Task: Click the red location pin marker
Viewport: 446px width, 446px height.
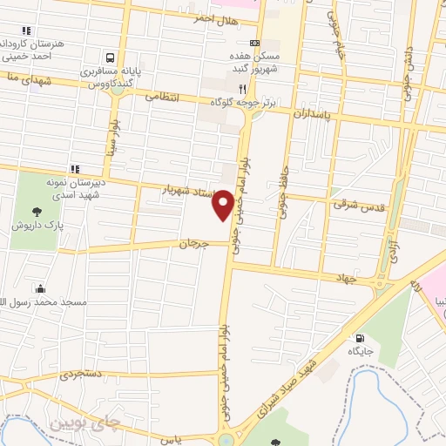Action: click(x=223, y=204)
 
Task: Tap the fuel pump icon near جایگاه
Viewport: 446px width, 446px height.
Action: click(x=357, y=338)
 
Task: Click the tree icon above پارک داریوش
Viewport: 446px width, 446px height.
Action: click(x=36, y=211)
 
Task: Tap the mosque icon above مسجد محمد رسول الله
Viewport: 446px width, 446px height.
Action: click(x=39, y=288)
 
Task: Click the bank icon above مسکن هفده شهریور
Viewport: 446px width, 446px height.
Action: click(x=254, y=43)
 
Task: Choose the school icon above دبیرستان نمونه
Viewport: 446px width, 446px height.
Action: click(x=75, y=168)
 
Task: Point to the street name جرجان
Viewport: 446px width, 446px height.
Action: click(x=195, y=244)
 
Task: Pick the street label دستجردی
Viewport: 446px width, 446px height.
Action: click(x=82, y=375)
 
